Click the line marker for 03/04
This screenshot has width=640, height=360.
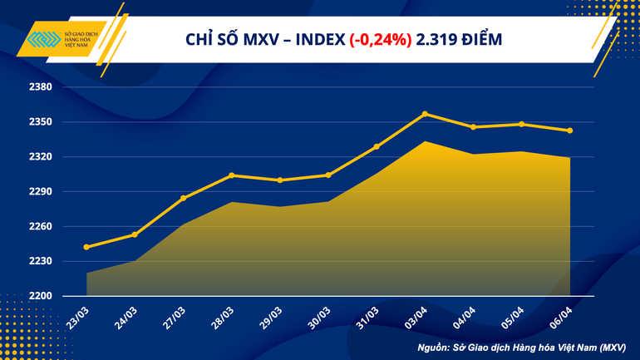coord(426,113)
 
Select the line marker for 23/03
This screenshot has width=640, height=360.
coord(86,247)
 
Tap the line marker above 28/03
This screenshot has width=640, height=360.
coord(231,175)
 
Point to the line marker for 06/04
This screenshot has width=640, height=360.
coord(569,131)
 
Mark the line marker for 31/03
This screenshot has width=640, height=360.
coord(377,146)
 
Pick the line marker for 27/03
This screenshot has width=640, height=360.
coord(183,198)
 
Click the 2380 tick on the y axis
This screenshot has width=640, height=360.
coord(41,87)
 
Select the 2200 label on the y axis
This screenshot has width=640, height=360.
coord(41,296)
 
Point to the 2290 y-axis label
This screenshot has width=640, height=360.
coord(41,191)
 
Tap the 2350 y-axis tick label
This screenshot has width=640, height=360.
coord(41,122)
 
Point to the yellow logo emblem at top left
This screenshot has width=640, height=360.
coord(43,40)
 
